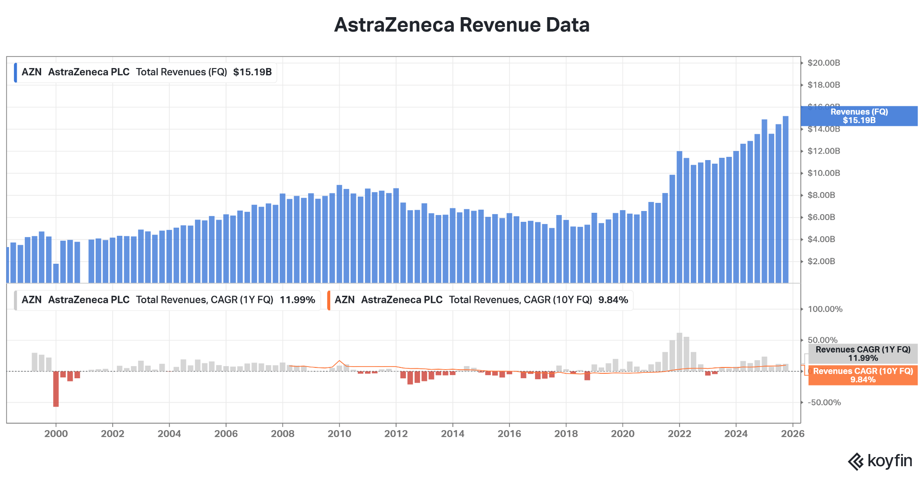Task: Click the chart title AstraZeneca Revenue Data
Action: point(462,25)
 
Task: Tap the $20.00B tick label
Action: point(823,63)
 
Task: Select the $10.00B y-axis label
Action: point(823,173)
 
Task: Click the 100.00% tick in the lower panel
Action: point(825,309)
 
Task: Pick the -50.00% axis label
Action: point(824,403)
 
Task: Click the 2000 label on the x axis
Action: point(56,434)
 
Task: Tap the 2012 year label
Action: point(396,434)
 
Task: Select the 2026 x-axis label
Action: point(793,434)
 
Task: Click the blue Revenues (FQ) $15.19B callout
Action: point(859,116)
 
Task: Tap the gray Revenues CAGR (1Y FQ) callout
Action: point(863,354)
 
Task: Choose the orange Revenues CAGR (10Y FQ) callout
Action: point(863,375)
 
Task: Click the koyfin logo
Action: point(880,461)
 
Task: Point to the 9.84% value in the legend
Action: point(613,300)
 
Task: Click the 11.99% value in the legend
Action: point(297,300)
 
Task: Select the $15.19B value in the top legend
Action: point(252,72)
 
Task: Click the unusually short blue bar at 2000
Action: point(56,273)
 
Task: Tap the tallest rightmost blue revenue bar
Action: point(785,198)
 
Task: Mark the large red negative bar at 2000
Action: point(56,389)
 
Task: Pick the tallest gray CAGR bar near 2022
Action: point(679,352)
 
